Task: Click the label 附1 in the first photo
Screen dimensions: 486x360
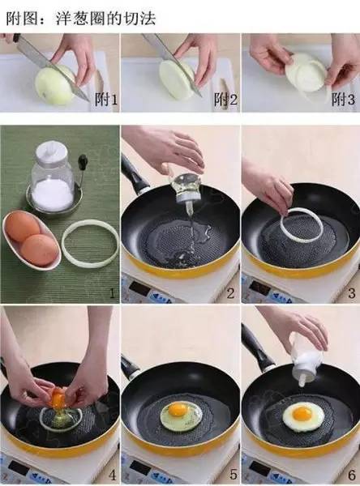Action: pyautogui.click(x=106, y=100)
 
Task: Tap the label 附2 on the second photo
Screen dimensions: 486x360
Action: pyautogui.click(x=225, y=100)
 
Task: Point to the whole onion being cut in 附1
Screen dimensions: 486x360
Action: pyautogui.click(x=55, y=84)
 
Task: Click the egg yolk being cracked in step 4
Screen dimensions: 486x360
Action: pyautogui.click(x=58, y=399)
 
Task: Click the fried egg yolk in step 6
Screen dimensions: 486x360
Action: pyautogui.click(x=301, y=414)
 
